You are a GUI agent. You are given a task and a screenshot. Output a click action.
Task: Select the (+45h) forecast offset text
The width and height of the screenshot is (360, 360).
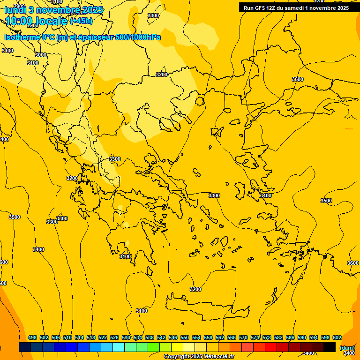tap(81, 21)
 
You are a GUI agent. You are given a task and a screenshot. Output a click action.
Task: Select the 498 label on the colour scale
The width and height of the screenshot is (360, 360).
tap(32, 337)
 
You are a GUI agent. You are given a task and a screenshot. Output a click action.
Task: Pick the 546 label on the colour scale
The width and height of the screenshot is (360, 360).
tap(173, 337)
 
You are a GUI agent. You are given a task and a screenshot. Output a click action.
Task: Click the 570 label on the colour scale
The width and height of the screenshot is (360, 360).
tap(243, 337)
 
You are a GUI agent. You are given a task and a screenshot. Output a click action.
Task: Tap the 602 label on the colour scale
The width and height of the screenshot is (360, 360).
tap(337, 337)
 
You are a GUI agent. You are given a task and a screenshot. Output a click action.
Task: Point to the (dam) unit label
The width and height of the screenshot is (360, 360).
tap(347, 348)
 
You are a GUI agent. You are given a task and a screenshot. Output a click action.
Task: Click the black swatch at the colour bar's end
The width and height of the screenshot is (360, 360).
tap(330, 347)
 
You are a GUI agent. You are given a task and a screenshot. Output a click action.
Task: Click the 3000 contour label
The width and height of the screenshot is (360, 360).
tap(41, 55)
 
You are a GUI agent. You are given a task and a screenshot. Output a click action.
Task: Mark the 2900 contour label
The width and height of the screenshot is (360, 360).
tap(19, 6)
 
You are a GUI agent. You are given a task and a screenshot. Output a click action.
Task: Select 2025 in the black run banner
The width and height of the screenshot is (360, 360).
tap(340, 8)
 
